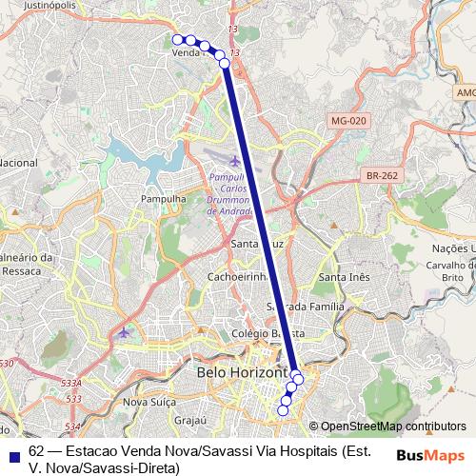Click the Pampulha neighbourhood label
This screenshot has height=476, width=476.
162,198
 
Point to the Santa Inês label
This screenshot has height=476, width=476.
344,276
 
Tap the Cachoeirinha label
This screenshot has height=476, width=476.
238,276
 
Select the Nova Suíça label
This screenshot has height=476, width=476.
150,402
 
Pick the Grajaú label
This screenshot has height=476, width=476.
190,419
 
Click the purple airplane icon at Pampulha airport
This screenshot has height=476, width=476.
235,159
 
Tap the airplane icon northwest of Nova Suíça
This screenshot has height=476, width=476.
123,332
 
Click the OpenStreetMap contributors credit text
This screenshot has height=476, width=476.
392,426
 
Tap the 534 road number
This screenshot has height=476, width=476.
72,426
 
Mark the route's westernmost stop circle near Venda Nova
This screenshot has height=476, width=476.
178,39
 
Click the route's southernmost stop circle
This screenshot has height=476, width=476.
282,410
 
